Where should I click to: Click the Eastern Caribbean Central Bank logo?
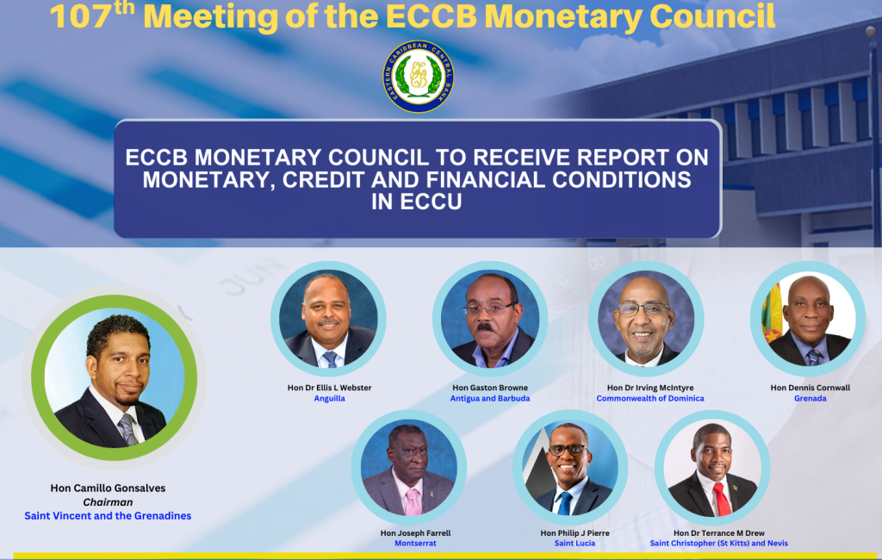pyautogui.click(x=418, y=76)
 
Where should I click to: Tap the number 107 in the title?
pyautogui.click(x=80, y=17)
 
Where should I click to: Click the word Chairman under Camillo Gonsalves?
pyautogui.click(x=108, y=502)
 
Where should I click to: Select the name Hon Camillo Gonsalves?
pyautogui.click(x=108, y=488)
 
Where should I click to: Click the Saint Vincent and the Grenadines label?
pyautogui.click(x=108, y=515)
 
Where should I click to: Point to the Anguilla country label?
pyautogui.click(x=330, y=399)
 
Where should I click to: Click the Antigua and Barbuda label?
pyautogui.click(x=490, y=399)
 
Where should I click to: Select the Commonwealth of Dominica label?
pyautogui.click(x=650, y=399)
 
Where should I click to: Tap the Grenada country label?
pyautogui.click(x=810, y=399)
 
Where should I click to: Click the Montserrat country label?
pyautogui.click(x=415, y=543)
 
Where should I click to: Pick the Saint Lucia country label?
pyautogui.click(x=575, y=543)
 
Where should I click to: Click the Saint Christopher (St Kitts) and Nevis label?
pyautogui.click(x=719, y=543)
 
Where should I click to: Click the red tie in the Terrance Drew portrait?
pyautogui.click(x=721, y=499)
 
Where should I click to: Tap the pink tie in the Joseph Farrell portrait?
pyautogui.click(x=413, y=501)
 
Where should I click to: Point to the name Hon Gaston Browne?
pyautogui.click(x=490, y=388)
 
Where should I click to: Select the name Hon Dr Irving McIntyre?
pyautogui.click(x=650, y=388)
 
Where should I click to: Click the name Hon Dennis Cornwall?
pyautogui.click(x=810, y=388)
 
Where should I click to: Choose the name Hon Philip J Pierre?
pyautogui.click(x=575, y=533)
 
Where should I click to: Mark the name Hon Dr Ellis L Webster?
pyautogui.click(x=330, y=388)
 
